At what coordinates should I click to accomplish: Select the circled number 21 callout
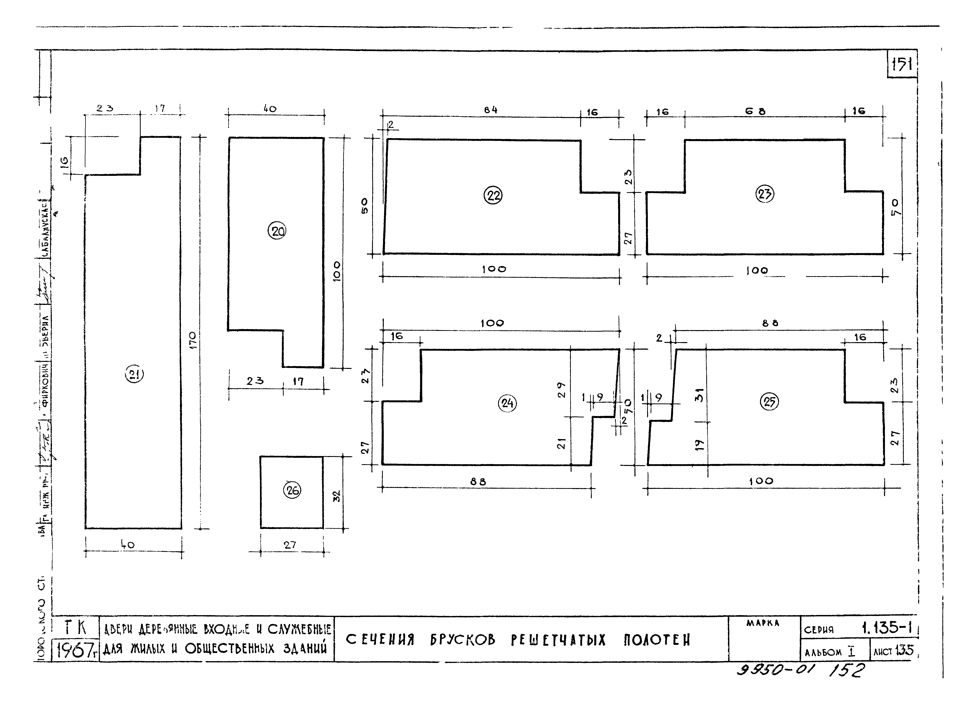[134, 375]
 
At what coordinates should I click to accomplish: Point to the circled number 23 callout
[764, 194]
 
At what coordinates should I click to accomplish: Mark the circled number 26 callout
[292, 490]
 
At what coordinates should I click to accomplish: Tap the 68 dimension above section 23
[755, 111]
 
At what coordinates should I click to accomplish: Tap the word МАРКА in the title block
[763, 623]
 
